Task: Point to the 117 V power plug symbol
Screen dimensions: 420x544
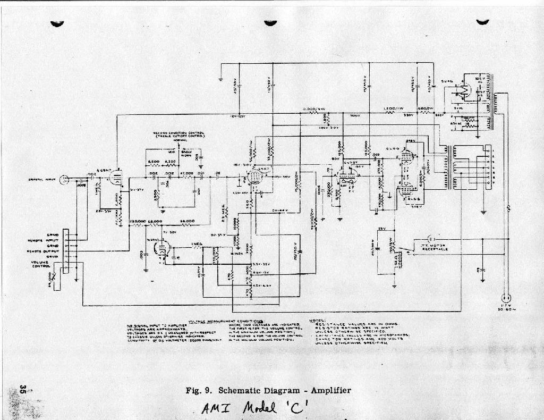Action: (506, 298)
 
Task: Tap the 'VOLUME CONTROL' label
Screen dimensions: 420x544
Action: (41, 264)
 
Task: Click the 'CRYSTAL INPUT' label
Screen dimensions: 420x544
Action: (43, 180)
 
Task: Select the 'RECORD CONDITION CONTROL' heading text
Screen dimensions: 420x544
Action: (179, 135)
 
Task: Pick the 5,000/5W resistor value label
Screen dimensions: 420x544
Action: (314, 110)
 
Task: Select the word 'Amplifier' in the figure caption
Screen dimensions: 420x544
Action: (331, 391)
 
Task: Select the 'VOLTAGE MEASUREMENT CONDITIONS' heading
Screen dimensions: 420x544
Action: (229, 321)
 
